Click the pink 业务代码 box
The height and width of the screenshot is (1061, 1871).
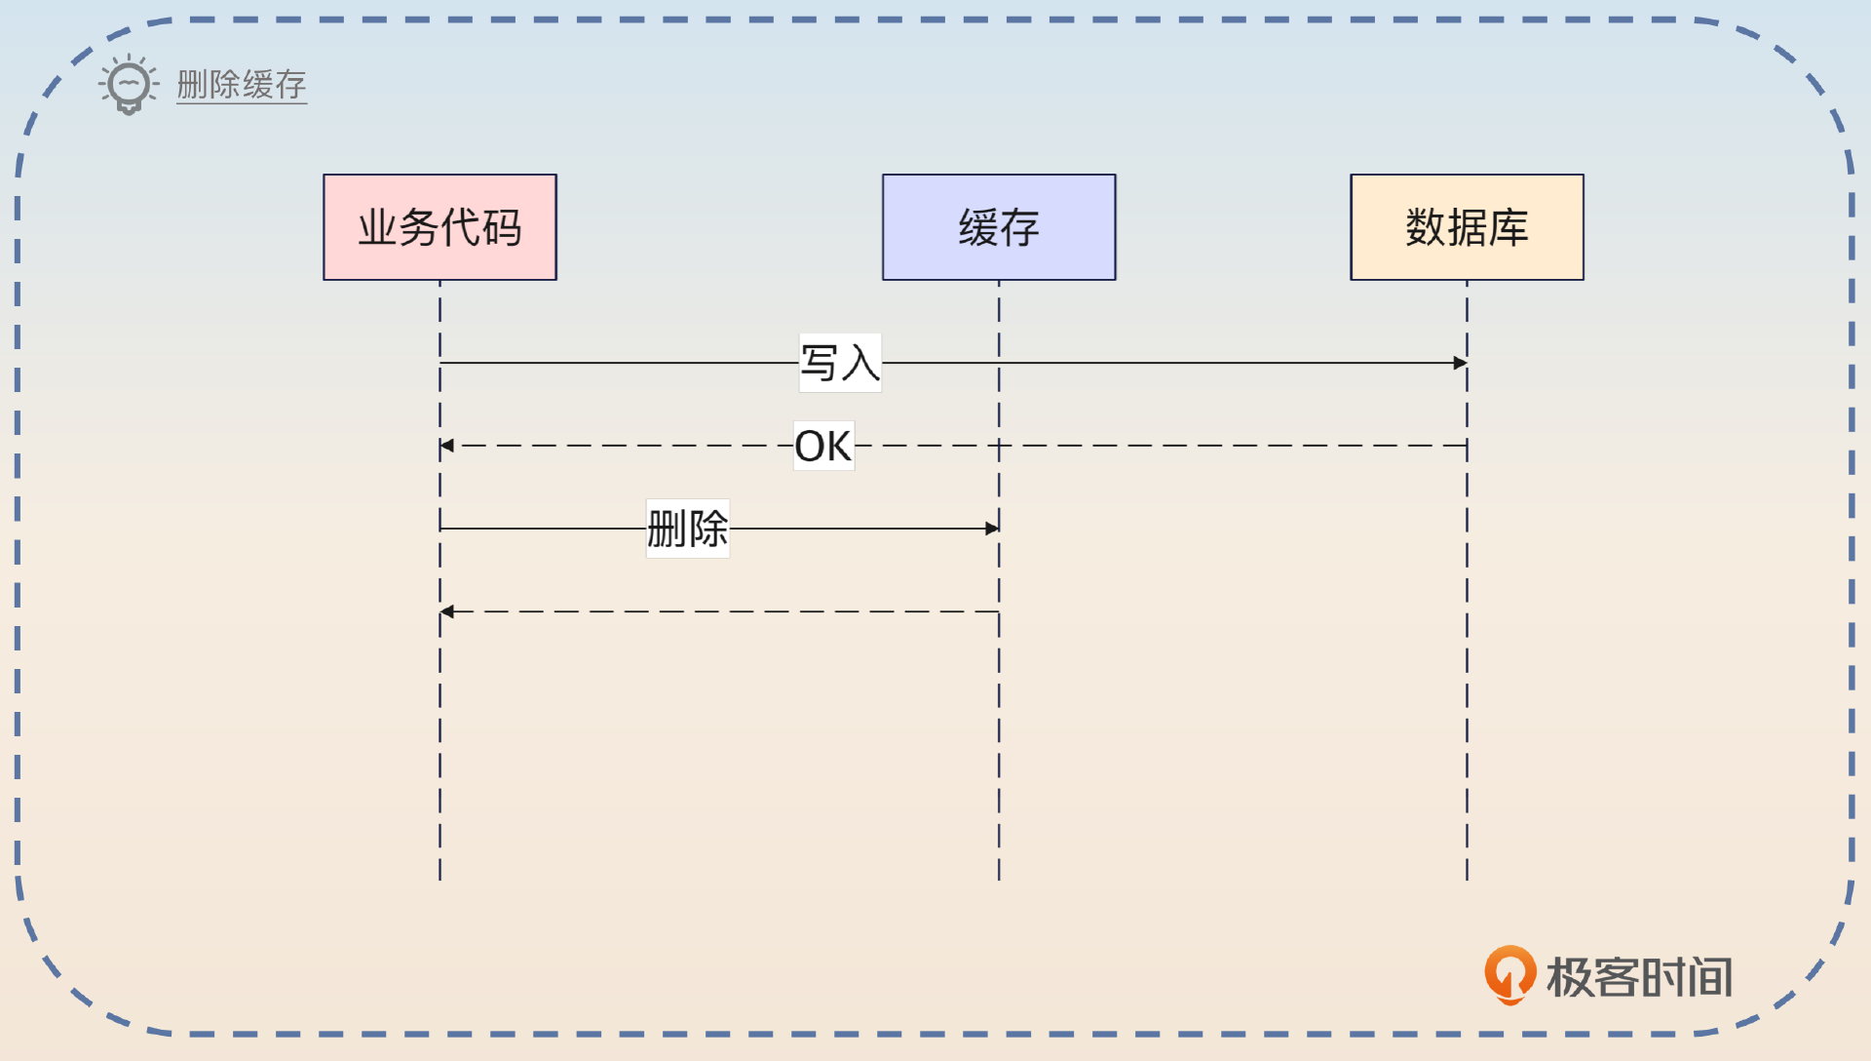439,227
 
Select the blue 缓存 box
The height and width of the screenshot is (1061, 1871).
999,227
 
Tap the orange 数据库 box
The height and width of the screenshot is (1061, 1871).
1467,227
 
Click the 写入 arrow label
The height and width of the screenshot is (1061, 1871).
840,363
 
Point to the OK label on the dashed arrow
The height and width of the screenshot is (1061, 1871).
823,446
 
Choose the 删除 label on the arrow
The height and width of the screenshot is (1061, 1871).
688,529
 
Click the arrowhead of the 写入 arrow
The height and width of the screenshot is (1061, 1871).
1460,363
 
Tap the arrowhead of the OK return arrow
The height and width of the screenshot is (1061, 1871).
447,446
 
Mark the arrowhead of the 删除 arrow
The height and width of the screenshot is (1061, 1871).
992,529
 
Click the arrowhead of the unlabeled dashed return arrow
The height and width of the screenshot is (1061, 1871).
447,611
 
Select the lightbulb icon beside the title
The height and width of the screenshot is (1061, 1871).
129,85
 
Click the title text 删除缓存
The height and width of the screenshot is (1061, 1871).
242,85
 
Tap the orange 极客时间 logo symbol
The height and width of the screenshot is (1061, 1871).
1509,974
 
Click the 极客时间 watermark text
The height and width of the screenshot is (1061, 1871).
1639,977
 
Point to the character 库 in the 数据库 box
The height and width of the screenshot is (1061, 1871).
1508,227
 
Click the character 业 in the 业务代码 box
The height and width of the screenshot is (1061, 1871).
378,227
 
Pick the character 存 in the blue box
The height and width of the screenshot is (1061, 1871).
1019,227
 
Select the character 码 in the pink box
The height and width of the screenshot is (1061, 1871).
502,227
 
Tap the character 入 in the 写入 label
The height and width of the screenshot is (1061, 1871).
860,363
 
